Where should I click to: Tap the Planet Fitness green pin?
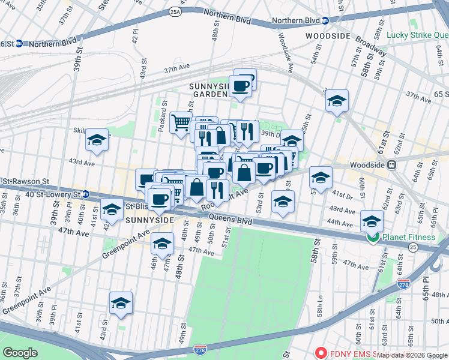point(373,237)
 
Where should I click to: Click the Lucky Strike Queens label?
point(417,35)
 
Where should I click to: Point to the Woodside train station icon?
point(393,164)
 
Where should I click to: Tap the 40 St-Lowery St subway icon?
point(86,194)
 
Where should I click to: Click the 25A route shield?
point(175,11)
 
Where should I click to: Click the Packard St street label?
point(163,111)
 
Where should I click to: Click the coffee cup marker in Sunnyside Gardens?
point(241,86)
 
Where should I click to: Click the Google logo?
point(20,352)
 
